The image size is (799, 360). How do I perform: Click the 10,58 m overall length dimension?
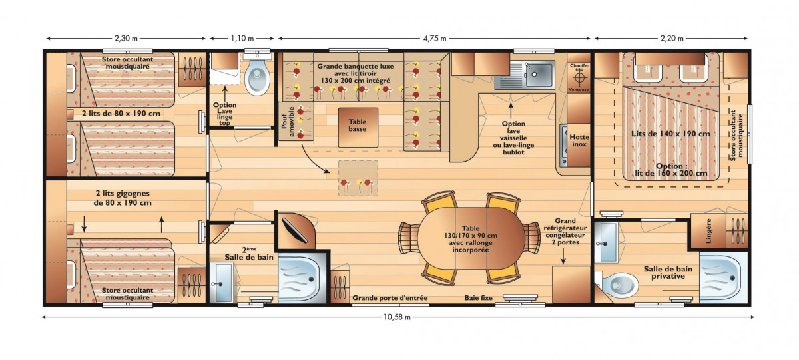[x=397, y=317]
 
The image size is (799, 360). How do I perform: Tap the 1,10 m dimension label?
[x=242, y=38]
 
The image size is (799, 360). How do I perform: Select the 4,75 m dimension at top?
[x=434, y=38]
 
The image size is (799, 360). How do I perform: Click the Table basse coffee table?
[x=358, y=127]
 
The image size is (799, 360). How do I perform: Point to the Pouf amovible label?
[x=288, y=122]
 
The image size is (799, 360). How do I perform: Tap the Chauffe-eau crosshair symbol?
[x=579, y=78]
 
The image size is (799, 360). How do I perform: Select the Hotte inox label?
[x=579, y=140]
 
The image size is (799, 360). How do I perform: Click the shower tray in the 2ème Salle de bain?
[x=302, y=279]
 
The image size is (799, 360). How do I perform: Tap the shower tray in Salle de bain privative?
[x=723, y=278]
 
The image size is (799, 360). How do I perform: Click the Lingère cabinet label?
[x=708, y=231]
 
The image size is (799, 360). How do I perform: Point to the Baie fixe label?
[x=478, y=298]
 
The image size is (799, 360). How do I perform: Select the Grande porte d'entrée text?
[x=390, y=298]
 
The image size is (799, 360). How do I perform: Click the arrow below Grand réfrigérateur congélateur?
[x=563, y=256]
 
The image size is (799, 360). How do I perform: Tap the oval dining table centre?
[x=471, y=238]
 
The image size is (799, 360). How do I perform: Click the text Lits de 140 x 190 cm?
[x=670, y=134]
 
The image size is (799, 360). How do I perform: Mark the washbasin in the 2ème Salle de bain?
[x=222, y=283]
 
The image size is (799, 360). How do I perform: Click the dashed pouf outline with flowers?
[x=358, y=178]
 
